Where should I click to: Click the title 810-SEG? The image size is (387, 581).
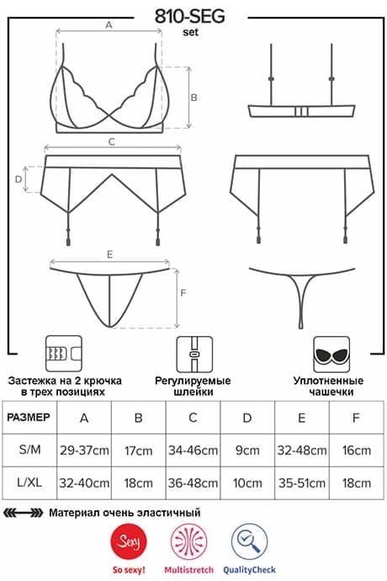click(x=189, y=16)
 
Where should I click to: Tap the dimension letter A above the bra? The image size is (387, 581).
click(x=109, y=24)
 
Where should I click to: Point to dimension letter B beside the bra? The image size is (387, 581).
click(x=193, y=98)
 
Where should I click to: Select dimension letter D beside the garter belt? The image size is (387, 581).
click(x=19, y=179)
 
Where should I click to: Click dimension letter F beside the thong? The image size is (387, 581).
click(x=183, y=293)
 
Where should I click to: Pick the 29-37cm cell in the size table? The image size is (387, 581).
click(x=84, y=450)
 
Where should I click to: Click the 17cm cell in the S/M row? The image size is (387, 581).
click(x=139, y=450)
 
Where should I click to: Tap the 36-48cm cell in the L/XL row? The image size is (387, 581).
click(x=193, y=483)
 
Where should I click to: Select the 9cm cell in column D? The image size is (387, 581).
click(x=247, y=450)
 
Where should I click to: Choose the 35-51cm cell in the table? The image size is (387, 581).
click(x=302, y=483)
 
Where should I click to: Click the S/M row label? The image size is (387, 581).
click(x=29, y=450)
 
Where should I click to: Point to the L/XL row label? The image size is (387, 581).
click(x=29, y=482)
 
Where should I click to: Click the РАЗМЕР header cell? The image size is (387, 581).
click(x=29, y=417)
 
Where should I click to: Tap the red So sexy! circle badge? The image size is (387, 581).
click(x=129, y=542)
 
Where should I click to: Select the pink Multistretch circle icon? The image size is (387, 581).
click(x=188, y=542)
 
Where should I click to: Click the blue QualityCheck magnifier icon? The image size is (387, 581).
click(x=249, y=542)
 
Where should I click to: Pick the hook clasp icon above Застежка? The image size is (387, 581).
click(x=64, y=354)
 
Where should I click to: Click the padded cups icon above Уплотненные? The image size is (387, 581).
click(x=331, y=354)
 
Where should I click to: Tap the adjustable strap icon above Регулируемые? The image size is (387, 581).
click(x=194, y=354)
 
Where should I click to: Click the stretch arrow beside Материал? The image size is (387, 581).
click(x=23, y=513)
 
